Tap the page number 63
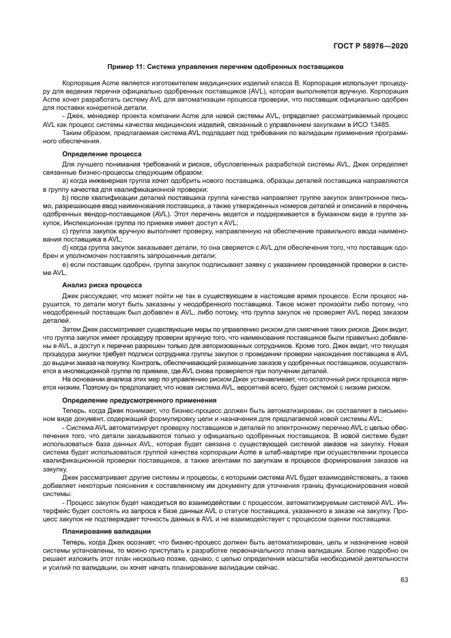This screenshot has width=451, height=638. click(x=404, y=581)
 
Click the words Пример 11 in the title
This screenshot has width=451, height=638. click(x=126, y=67)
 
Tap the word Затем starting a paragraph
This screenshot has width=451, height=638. click(x=72, y=328)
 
